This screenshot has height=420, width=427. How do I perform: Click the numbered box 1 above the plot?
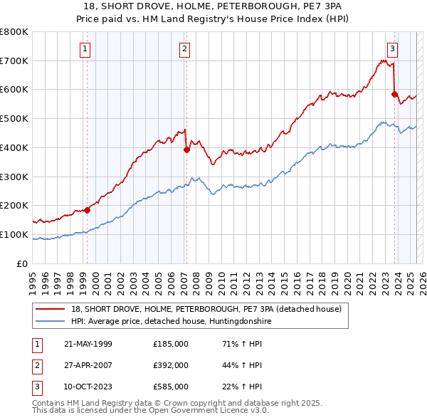click(x=85, y=49)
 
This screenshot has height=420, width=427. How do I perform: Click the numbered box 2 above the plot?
click(x=184, y=49)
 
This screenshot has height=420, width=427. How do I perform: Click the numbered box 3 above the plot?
click(x=392, y=49)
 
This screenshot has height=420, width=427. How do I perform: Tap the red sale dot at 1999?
click(x=88, y=210)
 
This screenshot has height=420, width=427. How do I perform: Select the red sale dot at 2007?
click(x=186, y=149)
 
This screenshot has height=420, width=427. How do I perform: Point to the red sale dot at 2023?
click(x=394, y=93)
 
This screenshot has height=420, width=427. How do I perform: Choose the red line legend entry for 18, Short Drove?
click(x=206, y=309)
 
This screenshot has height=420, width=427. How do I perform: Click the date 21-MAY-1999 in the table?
click(x=88, y=344)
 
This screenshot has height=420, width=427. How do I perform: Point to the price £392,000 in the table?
click(x=171, y=365)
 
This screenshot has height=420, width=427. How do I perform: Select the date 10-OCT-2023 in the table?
click(x=88, y=387)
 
